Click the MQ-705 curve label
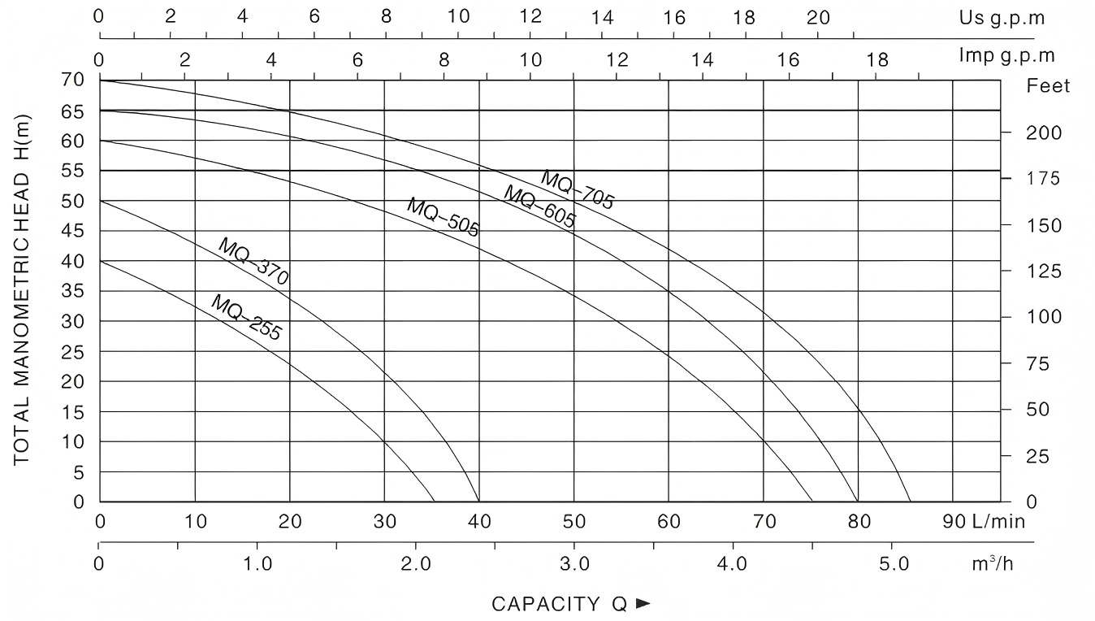578,190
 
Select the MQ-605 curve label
539,208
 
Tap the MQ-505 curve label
443,218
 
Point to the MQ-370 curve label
253,261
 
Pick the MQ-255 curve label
246,318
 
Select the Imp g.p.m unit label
1007,55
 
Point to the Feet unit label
1049,86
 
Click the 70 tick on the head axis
73,80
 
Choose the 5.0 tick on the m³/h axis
891,563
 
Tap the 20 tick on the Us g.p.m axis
819,17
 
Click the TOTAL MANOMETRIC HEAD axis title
22,289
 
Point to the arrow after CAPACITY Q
643,604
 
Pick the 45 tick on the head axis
73,231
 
